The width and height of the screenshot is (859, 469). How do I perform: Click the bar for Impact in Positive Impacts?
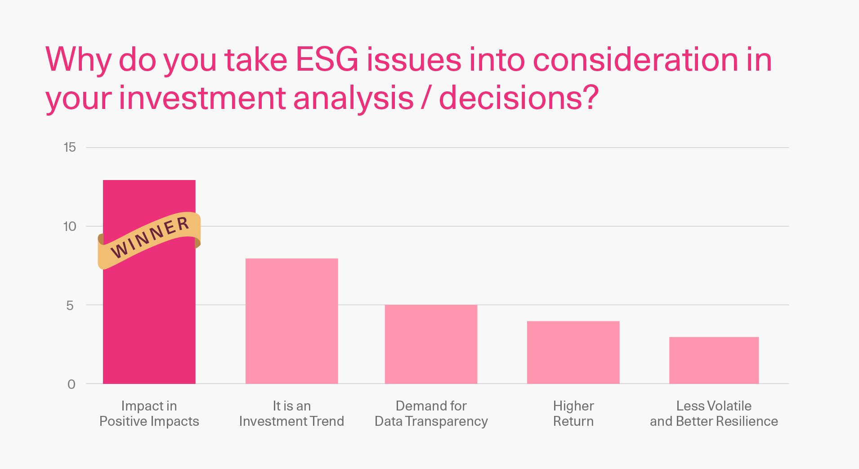tap(149, 315)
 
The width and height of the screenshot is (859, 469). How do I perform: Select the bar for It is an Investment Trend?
tap(291, 321)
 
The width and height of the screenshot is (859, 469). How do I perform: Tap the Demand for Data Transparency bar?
tap(431, 344)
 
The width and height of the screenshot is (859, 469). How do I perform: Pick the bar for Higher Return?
tap(573, 352)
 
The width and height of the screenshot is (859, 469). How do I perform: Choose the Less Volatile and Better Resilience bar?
tap(714, 360)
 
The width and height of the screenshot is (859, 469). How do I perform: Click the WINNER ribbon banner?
tap(149, 240)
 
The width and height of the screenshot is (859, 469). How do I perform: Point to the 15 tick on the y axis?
tap(70, 147)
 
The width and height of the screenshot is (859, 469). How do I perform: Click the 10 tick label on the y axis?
tap(70, 226)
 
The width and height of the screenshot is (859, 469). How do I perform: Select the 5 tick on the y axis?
tap(70, 305)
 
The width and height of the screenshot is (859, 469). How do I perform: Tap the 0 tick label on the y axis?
tap(71, 384)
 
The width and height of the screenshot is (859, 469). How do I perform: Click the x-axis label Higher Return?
tap(573, 413)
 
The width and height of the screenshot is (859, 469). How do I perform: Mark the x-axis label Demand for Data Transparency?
tap(431, 413)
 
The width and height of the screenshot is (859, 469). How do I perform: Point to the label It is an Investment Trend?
tap(291, 413)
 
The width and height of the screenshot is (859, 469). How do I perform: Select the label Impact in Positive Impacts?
tap(149, 413)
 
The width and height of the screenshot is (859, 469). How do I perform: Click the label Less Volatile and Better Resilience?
tap(714, 413)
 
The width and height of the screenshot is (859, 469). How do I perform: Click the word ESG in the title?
tap(327, 59)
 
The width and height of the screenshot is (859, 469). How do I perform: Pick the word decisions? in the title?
tap(519, 97)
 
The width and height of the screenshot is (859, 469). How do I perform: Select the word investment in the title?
tap(202, 98)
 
